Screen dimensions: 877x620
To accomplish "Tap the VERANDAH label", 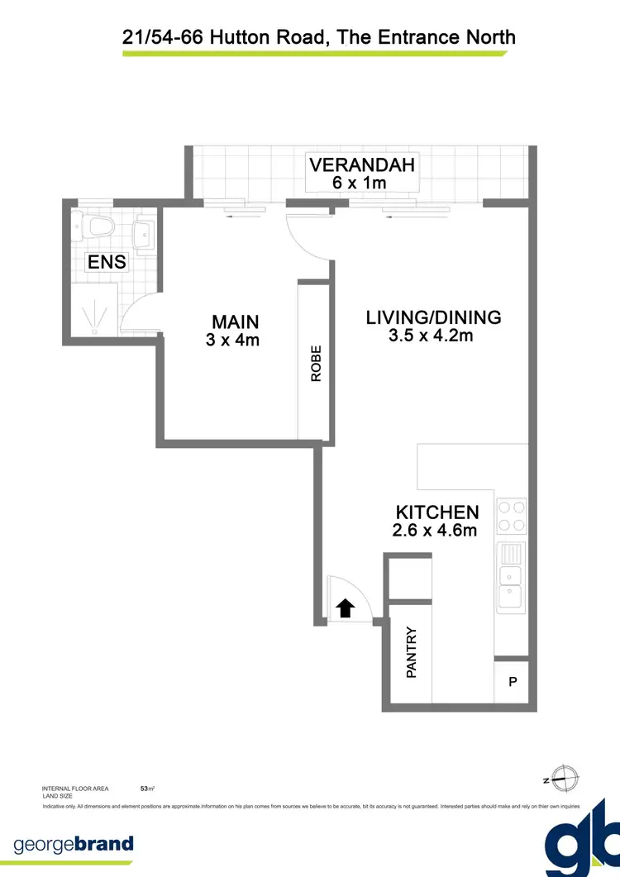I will tap(361, 164).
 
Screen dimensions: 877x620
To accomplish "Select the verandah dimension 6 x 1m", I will tap(360, 183).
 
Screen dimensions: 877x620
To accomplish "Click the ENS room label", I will tap(107, 263).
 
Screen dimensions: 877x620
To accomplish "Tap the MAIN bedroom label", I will tap(235, 322).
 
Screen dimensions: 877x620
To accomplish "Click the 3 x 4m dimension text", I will tap(233, 339).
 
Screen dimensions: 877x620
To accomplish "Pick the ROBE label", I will tap(316, 363).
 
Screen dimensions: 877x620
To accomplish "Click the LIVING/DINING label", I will tap(433, 317).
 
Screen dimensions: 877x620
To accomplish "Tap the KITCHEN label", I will tap(436, 512).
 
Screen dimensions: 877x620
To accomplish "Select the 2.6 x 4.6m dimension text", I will tap(436, 531).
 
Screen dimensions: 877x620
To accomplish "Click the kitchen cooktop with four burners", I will tap(511, 517).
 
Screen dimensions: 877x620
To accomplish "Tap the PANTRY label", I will tap(411, 652).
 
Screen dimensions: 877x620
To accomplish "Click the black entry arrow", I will tap(346, 608).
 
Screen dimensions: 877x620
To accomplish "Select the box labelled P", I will tap(512, 683).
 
